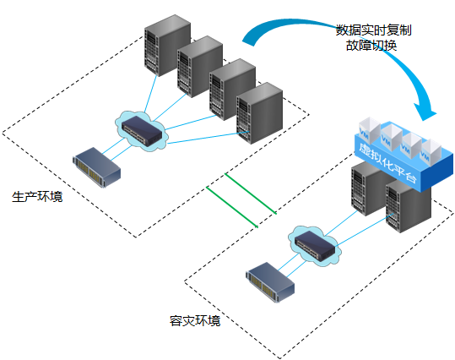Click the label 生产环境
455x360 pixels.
coord(37,197)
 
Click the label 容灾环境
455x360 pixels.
coord(195,321)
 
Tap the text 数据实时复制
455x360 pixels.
coord(373,30)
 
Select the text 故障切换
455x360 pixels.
coord(371,46)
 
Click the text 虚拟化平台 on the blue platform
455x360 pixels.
coord(387,163)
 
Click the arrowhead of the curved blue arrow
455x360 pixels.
coord(425,112)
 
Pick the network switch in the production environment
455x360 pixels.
coord(142,131)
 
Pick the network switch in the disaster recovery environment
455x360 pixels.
coord(315,246)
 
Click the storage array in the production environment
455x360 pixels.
coord(96,167)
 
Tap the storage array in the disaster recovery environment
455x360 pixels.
coord(270,282)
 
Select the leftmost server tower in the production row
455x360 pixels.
coord(167,46)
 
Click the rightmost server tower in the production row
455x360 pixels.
coord(259,113)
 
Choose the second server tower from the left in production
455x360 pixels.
coord(200,67)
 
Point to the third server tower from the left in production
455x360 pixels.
coord(232,90)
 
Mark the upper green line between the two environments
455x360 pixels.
coord(250,194)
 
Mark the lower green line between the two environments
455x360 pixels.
coord(232,206)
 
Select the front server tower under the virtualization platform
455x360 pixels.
coord(408,206)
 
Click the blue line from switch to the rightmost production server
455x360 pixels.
coord(208,138)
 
